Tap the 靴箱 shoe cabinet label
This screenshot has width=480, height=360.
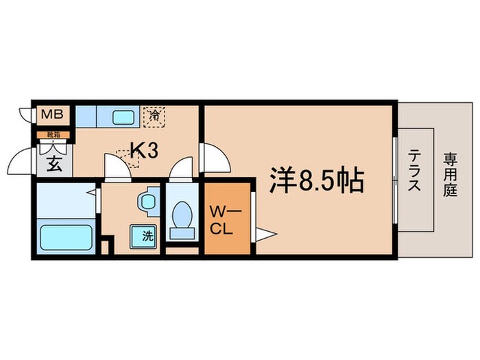(52, 134)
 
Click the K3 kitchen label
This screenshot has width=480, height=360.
(145, 150)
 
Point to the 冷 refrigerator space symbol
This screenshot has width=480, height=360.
(154, 115)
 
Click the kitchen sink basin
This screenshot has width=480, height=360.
(121, 116)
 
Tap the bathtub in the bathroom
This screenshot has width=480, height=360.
(67, 237)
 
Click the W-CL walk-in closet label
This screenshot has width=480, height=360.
(225, 220)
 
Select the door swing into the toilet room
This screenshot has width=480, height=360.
(181, 169)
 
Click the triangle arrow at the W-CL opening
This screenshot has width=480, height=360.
(265, 235)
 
